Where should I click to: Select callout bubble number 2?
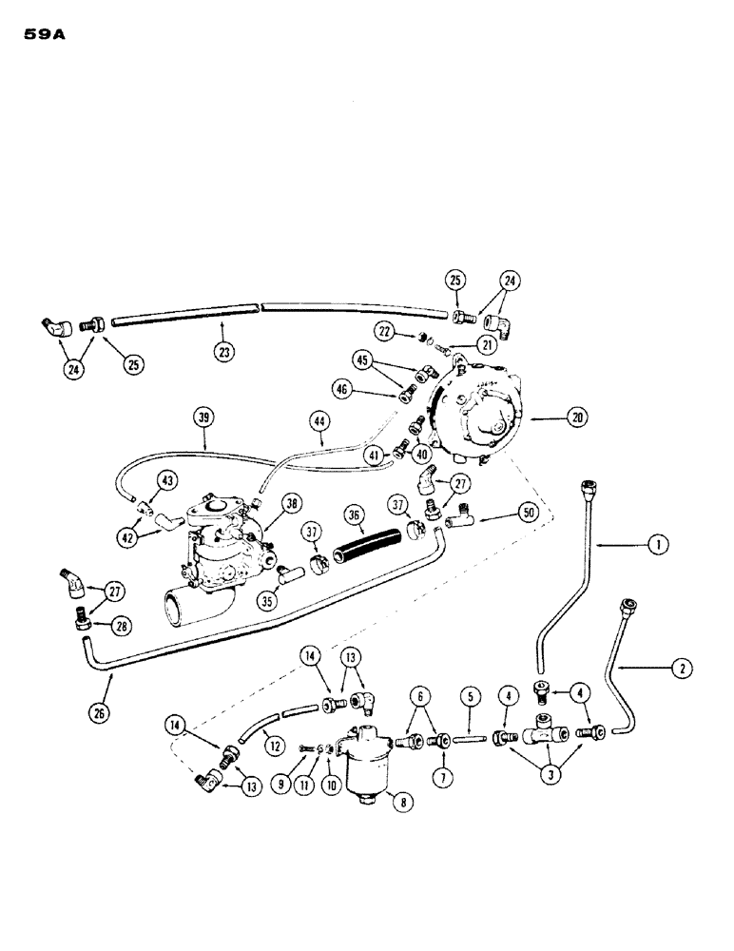681,668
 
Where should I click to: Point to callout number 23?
223,351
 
